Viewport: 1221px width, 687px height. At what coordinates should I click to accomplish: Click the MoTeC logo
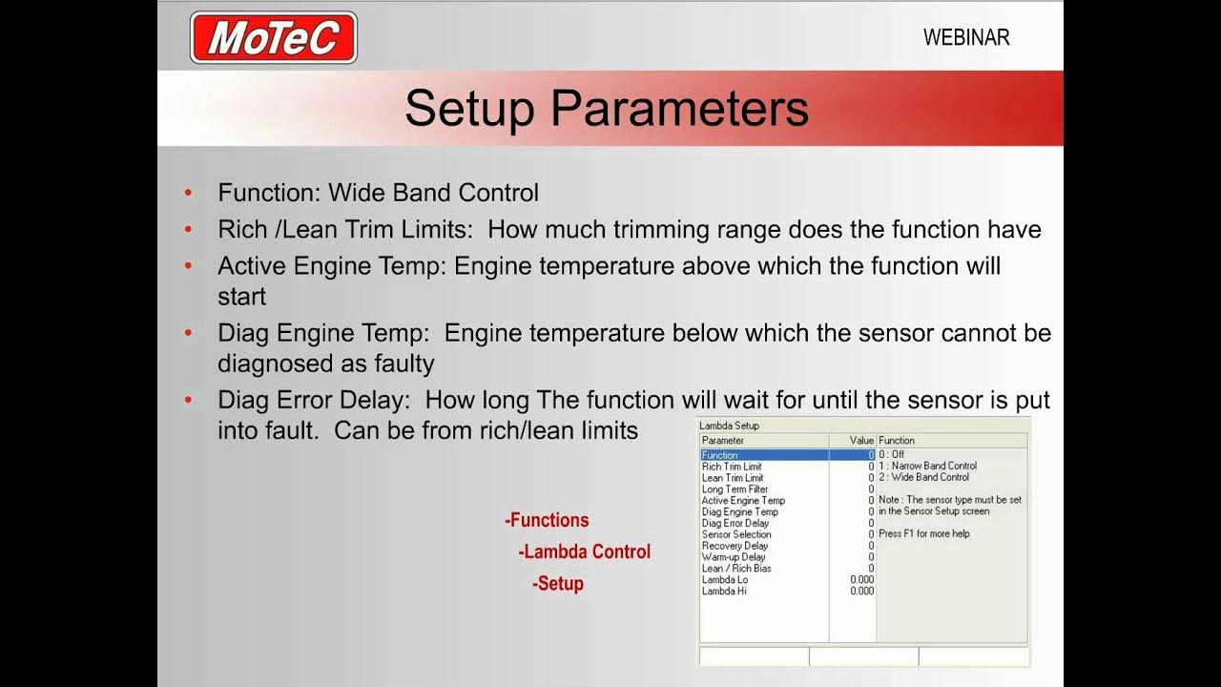(274, 38)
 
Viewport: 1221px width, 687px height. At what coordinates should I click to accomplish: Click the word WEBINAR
(965, 38)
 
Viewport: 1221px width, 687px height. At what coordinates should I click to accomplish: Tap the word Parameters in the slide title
(679, 109)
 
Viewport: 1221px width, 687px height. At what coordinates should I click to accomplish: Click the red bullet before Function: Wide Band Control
(188, 194)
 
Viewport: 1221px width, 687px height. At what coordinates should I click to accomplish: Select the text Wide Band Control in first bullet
(433, 193)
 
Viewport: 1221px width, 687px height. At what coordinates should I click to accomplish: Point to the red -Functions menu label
(547, 520)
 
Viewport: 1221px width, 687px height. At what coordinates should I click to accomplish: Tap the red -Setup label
(558, 583)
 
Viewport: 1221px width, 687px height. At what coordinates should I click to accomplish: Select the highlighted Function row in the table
(763, 455)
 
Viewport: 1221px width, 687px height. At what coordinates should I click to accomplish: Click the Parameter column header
(722, 441)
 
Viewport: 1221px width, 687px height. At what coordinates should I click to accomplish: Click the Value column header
(861, 441)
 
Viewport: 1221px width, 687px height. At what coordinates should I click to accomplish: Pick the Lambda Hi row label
(724, 592)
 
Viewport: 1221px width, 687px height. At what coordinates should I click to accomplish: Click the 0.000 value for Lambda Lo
(861, 580)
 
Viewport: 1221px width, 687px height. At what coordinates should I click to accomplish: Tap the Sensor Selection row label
(736, 534)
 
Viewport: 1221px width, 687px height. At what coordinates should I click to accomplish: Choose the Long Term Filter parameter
(735, 489)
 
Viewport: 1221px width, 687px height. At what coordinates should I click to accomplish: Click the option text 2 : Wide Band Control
(923, 477)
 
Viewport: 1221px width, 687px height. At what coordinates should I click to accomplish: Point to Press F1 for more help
(923, 533)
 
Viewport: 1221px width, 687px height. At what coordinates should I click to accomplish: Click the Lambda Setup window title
(729, 426)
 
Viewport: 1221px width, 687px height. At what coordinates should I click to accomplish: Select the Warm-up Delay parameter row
(734, 557)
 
